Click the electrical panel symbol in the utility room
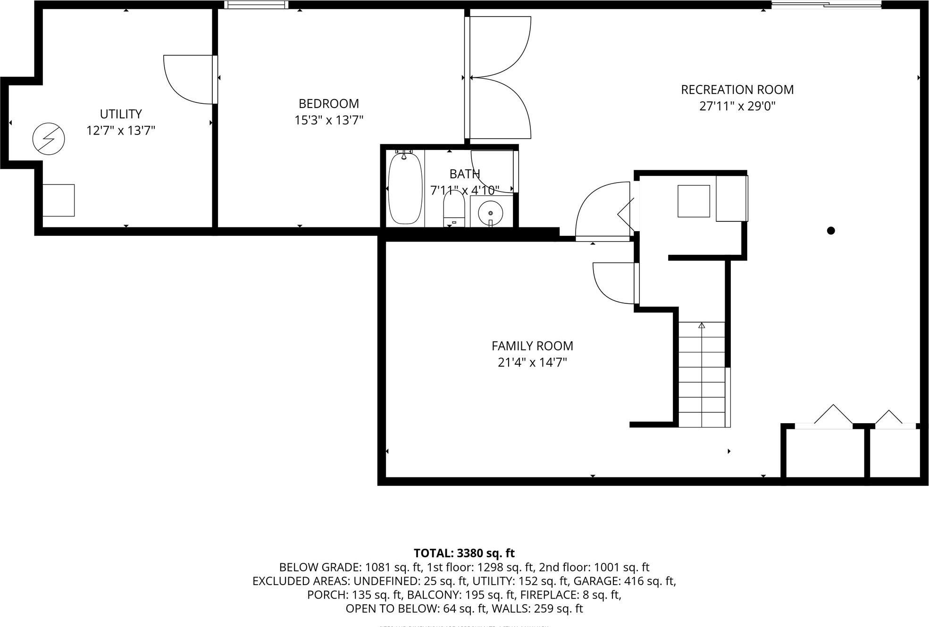click(49, 139)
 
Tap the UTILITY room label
click(121, 114)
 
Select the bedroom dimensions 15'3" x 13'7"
click(329, 120)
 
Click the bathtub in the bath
click(405, 187)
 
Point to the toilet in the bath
click(454, 210)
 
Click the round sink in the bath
click(490, 213)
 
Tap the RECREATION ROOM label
click(737, 90)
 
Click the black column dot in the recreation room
click(831, 230)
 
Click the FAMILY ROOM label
click(532, 346)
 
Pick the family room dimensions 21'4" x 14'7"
click(532, 362)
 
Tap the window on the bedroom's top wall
click(255, 5)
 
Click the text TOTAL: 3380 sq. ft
click(464, 553)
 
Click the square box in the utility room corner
click(59, 200)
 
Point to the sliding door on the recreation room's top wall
click(826, 5)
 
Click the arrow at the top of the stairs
click(702, 326)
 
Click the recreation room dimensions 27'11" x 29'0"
click(737, 106)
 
